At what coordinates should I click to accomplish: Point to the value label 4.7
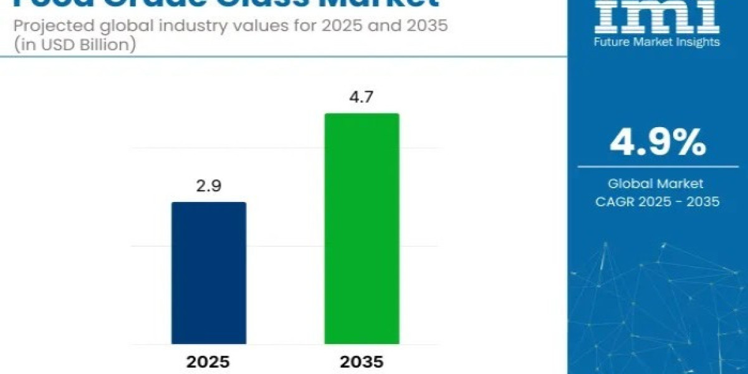point(362,98)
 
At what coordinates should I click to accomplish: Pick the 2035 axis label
point(362,362)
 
